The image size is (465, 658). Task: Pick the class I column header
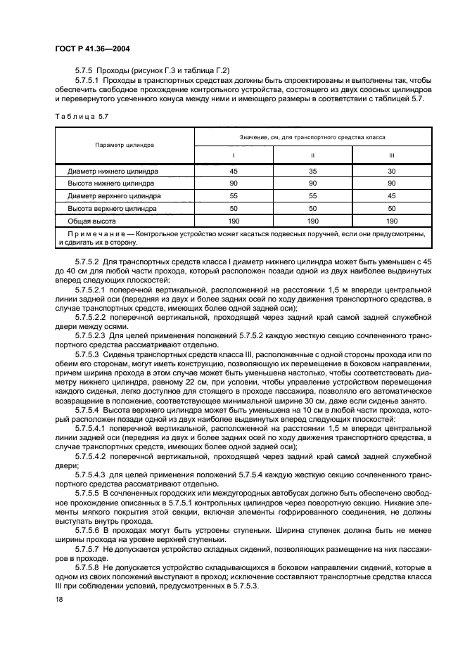[x=234, y=155]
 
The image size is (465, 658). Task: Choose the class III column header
[x=393, y=155]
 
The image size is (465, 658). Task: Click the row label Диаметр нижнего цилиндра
[x=113, y=171]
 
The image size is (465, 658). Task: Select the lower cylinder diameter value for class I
[x=234, y=171]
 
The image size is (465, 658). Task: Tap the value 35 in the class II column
[x=313, y=171]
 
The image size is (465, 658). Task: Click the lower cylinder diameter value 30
[x=393, y=171]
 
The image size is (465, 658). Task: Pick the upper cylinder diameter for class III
[x=393, y=196]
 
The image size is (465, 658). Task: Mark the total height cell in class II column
[x=313, y=221]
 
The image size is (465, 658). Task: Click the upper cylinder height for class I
[x=234, y=209]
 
